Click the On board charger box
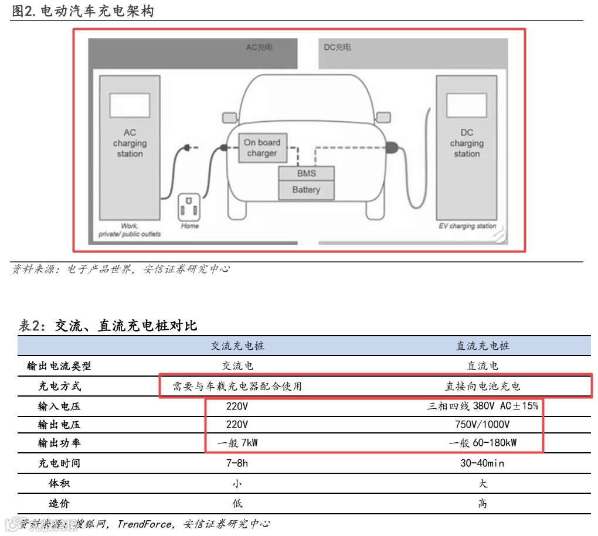[x=261, y=148]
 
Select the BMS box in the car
[x=306, y=173]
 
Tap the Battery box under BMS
[x=306, y=190]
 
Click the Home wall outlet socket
[x=189, y=207]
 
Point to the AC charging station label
[x=130, y=144]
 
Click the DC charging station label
[x=467, y=144]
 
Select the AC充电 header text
[x=259, y=47]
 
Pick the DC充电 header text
[x=338, y=47]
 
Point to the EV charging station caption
[x=467, y=226]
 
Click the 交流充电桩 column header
[x=237, y=346]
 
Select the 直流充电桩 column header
[x=483, y=346]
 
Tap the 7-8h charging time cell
[x=237, y=463]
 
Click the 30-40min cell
[x=483, y=463]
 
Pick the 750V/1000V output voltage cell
[x=483, y=424]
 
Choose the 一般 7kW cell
[x=237, y=443]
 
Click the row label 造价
[x=59, y=503]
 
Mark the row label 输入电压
[x=59, y=406]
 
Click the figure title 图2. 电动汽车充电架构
[x=83, y=11]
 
